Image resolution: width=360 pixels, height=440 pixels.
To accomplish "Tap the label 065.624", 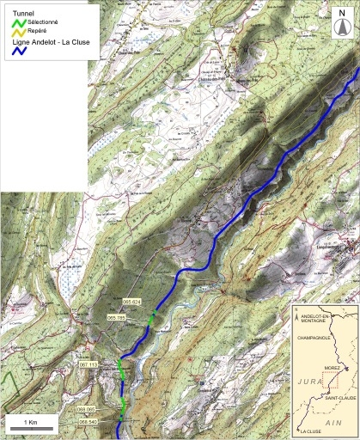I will [131, 302].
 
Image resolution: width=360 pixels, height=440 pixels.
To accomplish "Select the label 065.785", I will [117, 318].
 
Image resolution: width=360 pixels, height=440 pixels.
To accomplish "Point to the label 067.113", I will [88, 365].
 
